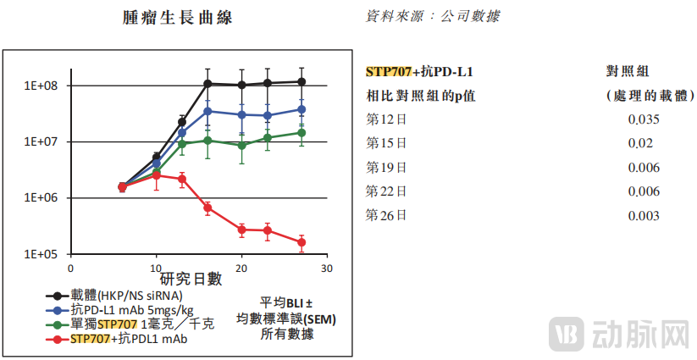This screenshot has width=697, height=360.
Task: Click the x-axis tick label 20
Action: click(x=241, y=267)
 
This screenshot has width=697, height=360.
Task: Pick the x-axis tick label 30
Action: click(x=327, y=267)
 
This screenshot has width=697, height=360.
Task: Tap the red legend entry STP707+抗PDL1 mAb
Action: click(x=119, y=339)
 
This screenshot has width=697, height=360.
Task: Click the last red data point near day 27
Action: click(x=301, y=242)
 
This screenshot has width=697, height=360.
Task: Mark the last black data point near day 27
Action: click(x=301, y=82)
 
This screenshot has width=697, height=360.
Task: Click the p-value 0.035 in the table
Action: click(x=644, y=119)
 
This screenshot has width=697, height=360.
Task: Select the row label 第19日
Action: click(x=386, y=168)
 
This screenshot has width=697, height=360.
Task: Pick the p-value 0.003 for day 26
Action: click(x=644, y=216)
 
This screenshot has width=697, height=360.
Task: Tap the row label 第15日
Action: click(x=386, y=143)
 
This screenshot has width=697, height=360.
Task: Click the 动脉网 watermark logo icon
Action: click(x=567, y=334)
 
